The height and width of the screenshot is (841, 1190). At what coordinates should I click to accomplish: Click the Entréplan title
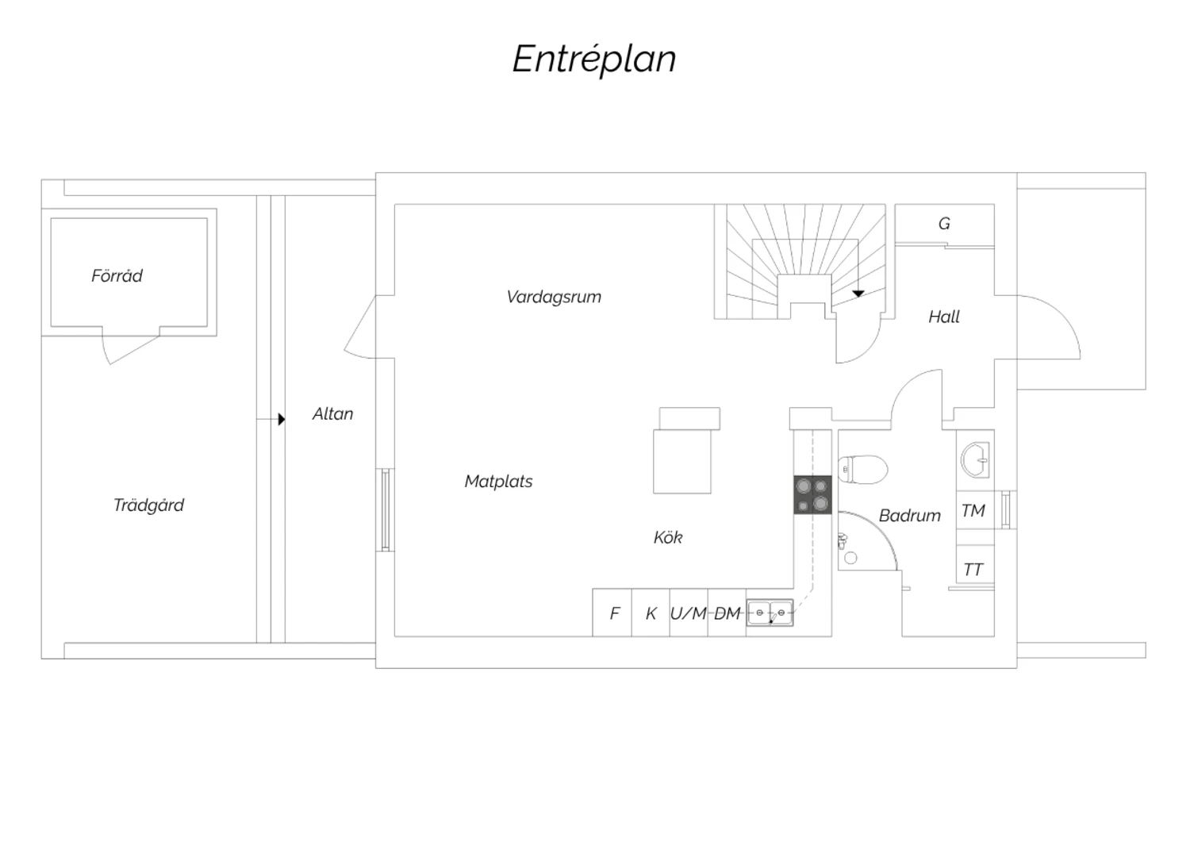click(x=594, y=59)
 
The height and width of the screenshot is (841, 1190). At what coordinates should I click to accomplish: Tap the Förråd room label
click(x=117, y=276)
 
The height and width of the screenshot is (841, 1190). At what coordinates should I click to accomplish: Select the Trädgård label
click(x=149, y=505)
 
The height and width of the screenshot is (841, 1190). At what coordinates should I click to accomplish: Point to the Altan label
click(x=332, y=414)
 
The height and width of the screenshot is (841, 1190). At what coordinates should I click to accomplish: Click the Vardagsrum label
click(x=554, y=297)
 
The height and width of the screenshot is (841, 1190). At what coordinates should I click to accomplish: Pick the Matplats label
click(x=498, y=482)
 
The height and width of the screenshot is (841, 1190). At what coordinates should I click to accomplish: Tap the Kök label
click(x=668, y=538)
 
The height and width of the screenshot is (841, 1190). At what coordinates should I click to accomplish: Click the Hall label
click(x=944, y=317)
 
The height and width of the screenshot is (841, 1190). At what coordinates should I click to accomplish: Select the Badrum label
click(x=909, y=516)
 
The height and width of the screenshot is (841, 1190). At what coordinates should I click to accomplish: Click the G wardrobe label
click(x=944, y=224)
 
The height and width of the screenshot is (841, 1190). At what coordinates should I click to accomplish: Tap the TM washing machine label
click(x=973, y=510)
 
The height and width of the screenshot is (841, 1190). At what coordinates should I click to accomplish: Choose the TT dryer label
click(x=973, y=570)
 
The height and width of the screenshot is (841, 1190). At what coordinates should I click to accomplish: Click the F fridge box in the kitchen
click(x=612, y=613)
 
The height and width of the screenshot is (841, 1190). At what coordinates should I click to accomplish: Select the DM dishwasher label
click(x=727, y=613)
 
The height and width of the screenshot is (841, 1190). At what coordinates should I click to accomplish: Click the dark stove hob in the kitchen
click(x=813, y=494)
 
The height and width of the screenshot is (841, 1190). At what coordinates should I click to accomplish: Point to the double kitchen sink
click(x=770, y=613)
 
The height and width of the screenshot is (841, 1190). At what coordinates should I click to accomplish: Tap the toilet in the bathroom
click(x=863, y=470)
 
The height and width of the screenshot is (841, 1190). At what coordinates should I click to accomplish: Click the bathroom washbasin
click(x=975, y=459)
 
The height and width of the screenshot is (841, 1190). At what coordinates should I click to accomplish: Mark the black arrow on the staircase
click(x=858, y=294)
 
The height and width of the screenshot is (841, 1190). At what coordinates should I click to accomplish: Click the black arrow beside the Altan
click(x=282, y=419)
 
